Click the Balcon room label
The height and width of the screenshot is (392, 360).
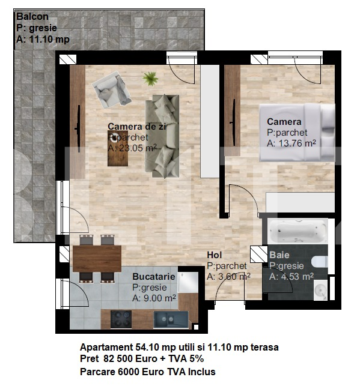click(x=32, y=16)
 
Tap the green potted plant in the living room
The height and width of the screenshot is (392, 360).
click(x=150, y=79)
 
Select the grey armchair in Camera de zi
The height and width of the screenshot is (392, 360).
click(x=111, y=89)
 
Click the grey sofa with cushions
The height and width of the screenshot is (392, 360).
click(x=162, y=136)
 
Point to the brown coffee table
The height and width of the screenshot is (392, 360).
click(x=118, y=148)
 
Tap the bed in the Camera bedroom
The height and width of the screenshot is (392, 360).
click(x=297, y=133)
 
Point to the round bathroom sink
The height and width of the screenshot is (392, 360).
click(x=320, y=290)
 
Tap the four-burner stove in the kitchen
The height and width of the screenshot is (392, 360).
click(x=121, y=319)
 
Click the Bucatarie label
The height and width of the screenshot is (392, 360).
click(x=154, y=277)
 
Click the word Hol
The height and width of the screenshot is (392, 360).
click(x=215, y=255)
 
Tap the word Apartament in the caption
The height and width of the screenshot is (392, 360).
click(x=106, y=347)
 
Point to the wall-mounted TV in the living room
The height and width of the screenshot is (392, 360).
click(x=78, y=128)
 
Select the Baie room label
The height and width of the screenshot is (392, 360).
click(x=279, y=255)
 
